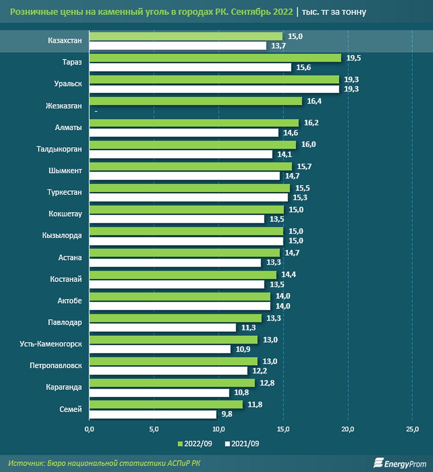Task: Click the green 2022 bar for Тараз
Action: point(215,58)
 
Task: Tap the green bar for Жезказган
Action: point(195,101)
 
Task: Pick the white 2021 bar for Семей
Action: point(153,414)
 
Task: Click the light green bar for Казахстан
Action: point(186,36)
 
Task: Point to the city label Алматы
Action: point(68,128)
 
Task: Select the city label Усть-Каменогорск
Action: point(51,344)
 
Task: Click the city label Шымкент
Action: point(65,170)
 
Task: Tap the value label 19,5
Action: point(353,58)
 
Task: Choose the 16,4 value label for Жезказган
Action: point(314,101)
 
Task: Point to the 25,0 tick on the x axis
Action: point(413,429)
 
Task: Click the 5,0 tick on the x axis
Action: point(153,429)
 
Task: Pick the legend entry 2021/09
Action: point(242,444)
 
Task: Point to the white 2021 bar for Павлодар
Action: point(162,328)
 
